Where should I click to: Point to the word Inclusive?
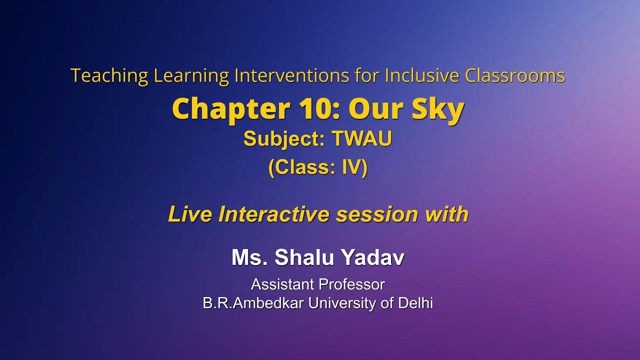pyautogui.click(x=422, y=76)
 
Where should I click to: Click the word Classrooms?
pyautogui.click(x=515, y=76)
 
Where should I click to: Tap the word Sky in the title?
pyautogui.click(x=438, y=109)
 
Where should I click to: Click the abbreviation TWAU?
pyautogui.click(x=362, y=139)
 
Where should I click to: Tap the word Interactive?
pyautogui.click(x=274, y=214)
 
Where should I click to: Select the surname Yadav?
pyautogui.click(x=373, y=258)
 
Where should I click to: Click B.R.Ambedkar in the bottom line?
pyautogui.click(x=254, y=303)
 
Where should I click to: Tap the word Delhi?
pyautogui.click(x=415, y=303)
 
